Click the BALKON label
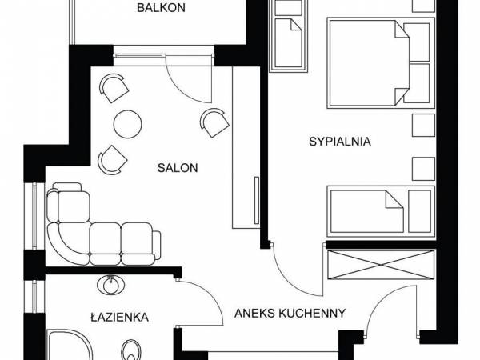point(162,9)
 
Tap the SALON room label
point(178,168)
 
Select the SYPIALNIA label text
point(341,142)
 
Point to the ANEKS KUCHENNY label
point(290,313)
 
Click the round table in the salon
point(127,123)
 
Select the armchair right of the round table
point(213,122)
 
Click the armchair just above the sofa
point(109,159)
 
